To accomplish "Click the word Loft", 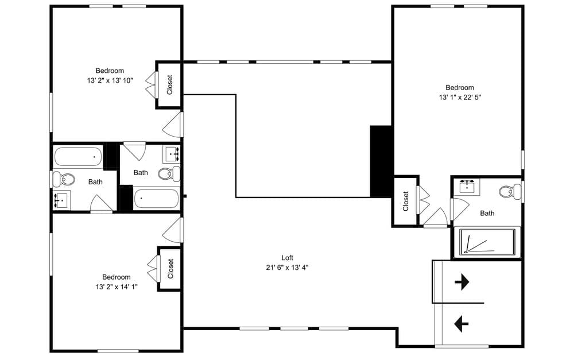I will (287, 258).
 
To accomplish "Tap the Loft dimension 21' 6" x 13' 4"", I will (287, 267).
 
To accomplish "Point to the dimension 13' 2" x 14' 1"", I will (117, 286).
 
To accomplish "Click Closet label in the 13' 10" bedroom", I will (170, 85).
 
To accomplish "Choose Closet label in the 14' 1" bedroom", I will (170, 269).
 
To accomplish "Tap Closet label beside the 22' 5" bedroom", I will (406, 201).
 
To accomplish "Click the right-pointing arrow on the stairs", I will (461, 282).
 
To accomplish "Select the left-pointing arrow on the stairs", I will (461, 324).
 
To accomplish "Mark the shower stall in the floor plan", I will (486, 243).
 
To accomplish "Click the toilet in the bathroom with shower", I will (507, 191).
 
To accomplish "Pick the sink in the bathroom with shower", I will (470, 187).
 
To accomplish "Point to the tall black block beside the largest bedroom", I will (381, 161).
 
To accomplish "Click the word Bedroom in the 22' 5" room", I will (460, 88).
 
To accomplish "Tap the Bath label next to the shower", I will (487, 213).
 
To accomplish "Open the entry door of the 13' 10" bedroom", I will (173, 125).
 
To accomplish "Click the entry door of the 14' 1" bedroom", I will (173, 230).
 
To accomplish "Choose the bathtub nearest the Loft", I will (157, 199).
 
